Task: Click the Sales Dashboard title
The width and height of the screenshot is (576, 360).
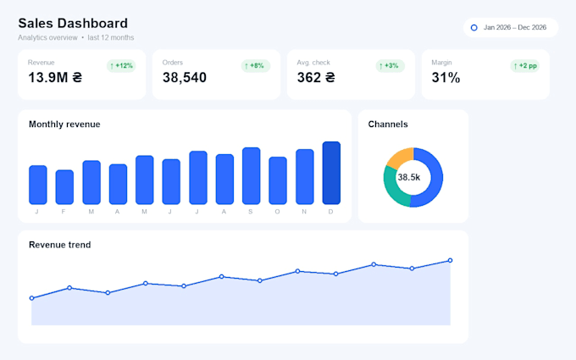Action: [73, 23]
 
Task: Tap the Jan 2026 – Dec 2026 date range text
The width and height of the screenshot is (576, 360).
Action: [515, 28]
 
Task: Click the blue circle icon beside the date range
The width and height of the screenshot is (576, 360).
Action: [474, 28]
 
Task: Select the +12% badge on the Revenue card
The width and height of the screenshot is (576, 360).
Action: [121, 66]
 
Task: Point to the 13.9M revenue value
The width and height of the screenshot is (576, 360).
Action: [55, 78]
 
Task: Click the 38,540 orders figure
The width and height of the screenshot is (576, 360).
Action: [185, 78]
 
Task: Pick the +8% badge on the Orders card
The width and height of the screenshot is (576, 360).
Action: [256, 66]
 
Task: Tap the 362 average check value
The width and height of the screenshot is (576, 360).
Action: [316, 78]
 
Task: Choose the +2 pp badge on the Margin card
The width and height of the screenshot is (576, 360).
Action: [524, 66]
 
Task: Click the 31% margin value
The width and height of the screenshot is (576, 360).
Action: [446, 78]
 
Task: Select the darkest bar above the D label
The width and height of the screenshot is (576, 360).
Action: [331, 173]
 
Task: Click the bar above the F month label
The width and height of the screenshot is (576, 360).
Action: [64, 187]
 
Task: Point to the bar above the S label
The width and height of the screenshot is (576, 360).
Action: [252, 175]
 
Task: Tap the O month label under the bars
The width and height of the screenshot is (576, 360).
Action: [277, 212]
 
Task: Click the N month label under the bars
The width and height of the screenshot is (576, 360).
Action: [304, 212]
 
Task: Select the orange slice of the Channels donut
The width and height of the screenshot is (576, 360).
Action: [398, 158]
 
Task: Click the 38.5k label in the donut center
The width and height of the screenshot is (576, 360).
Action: [409, 177]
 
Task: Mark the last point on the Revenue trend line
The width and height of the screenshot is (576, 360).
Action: [450, 260]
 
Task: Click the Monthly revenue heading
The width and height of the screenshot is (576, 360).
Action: [64, 125]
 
